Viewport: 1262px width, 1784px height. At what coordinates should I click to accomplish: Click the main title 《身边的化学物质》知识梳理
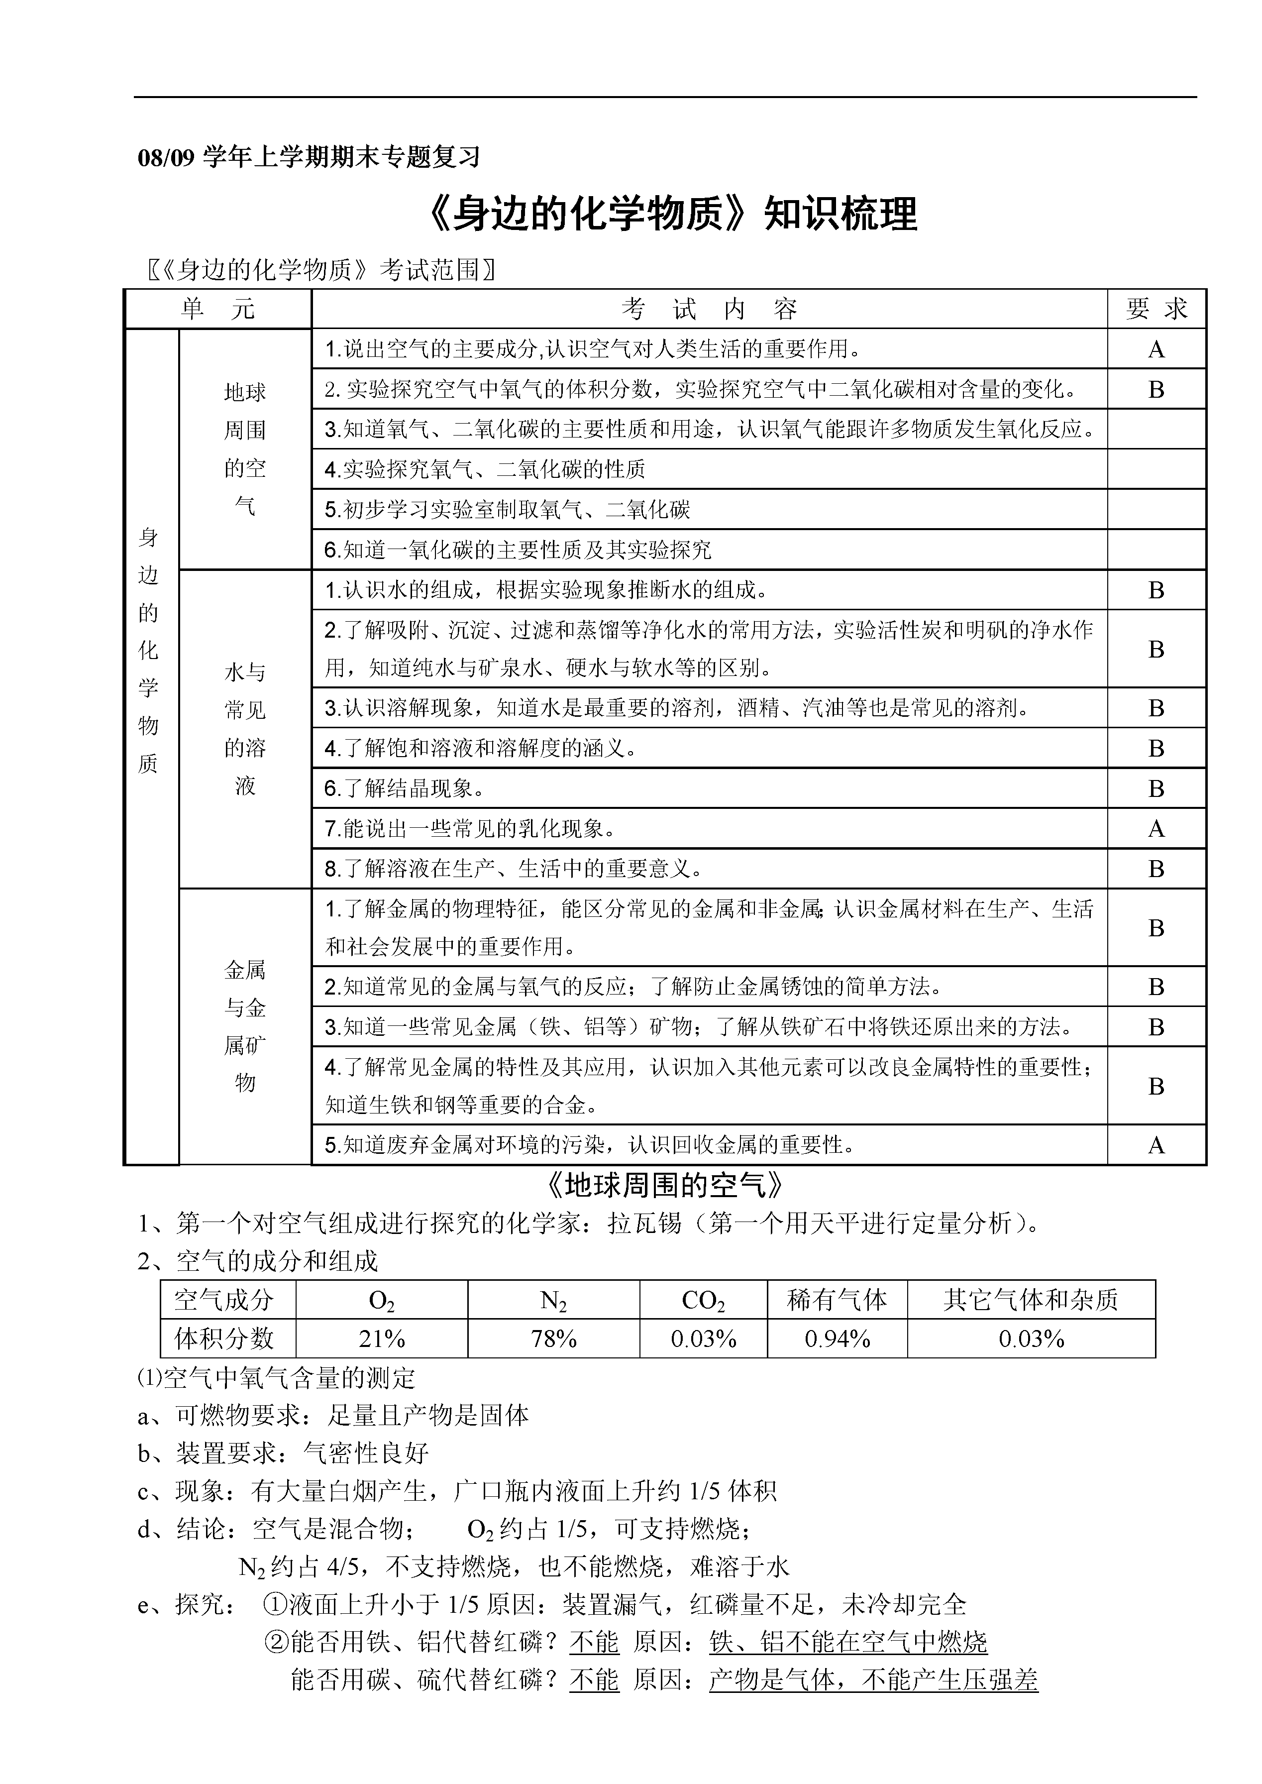click(x=673, y=213)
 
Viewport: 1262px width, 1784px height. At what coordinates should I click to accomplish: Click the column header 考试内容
click(x=709, y=310)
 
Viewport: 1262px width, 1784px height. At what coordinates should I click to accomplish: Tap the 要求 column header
click(x=1157, y=310)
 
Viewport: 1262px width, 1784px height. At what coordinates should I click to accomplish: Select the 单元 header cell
click(x=217, y=310)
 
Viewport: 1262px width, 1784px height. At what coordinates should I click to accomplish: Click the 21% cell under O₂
click(x=382, y=1338)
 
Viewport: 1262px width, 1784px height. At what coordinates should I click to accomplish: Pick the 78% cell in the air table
click(x=553, y=1338)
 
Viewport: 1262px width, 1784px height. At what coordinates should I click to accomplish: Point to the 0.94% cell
click(x=837, y=1338)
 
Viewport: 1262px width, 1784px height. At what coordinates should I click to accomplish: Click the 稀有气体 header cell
click(x=837, y=1299)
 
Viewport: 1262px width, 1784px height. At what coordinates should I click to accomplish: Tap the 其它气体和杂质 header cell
click(x=1031, y=1299)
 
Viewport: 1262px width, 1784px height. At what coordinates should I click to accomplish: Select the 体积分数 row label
click(x=224, y=1338)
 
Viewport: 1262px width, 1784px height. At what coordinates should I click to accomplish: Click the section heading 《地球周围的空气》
click(x=664, y=1185)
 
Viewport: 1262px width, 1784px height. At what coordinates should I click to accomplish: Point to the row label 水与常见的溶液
click(x=245, y=728)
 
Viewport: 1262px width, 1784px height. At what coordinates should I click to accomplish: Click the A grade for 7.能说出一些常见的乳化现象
click(x=1157, y=829)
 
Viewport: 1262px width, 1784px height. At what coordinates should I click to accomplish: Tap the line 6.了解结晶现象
click(x=404, y=788)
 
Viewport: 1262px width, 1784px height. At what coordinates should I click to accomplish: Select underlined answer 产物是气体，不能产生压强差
click(x=873, y=1680)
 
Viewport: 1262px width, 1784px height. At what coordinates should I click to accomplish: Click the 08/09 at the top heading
click(x=166, y=158)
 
